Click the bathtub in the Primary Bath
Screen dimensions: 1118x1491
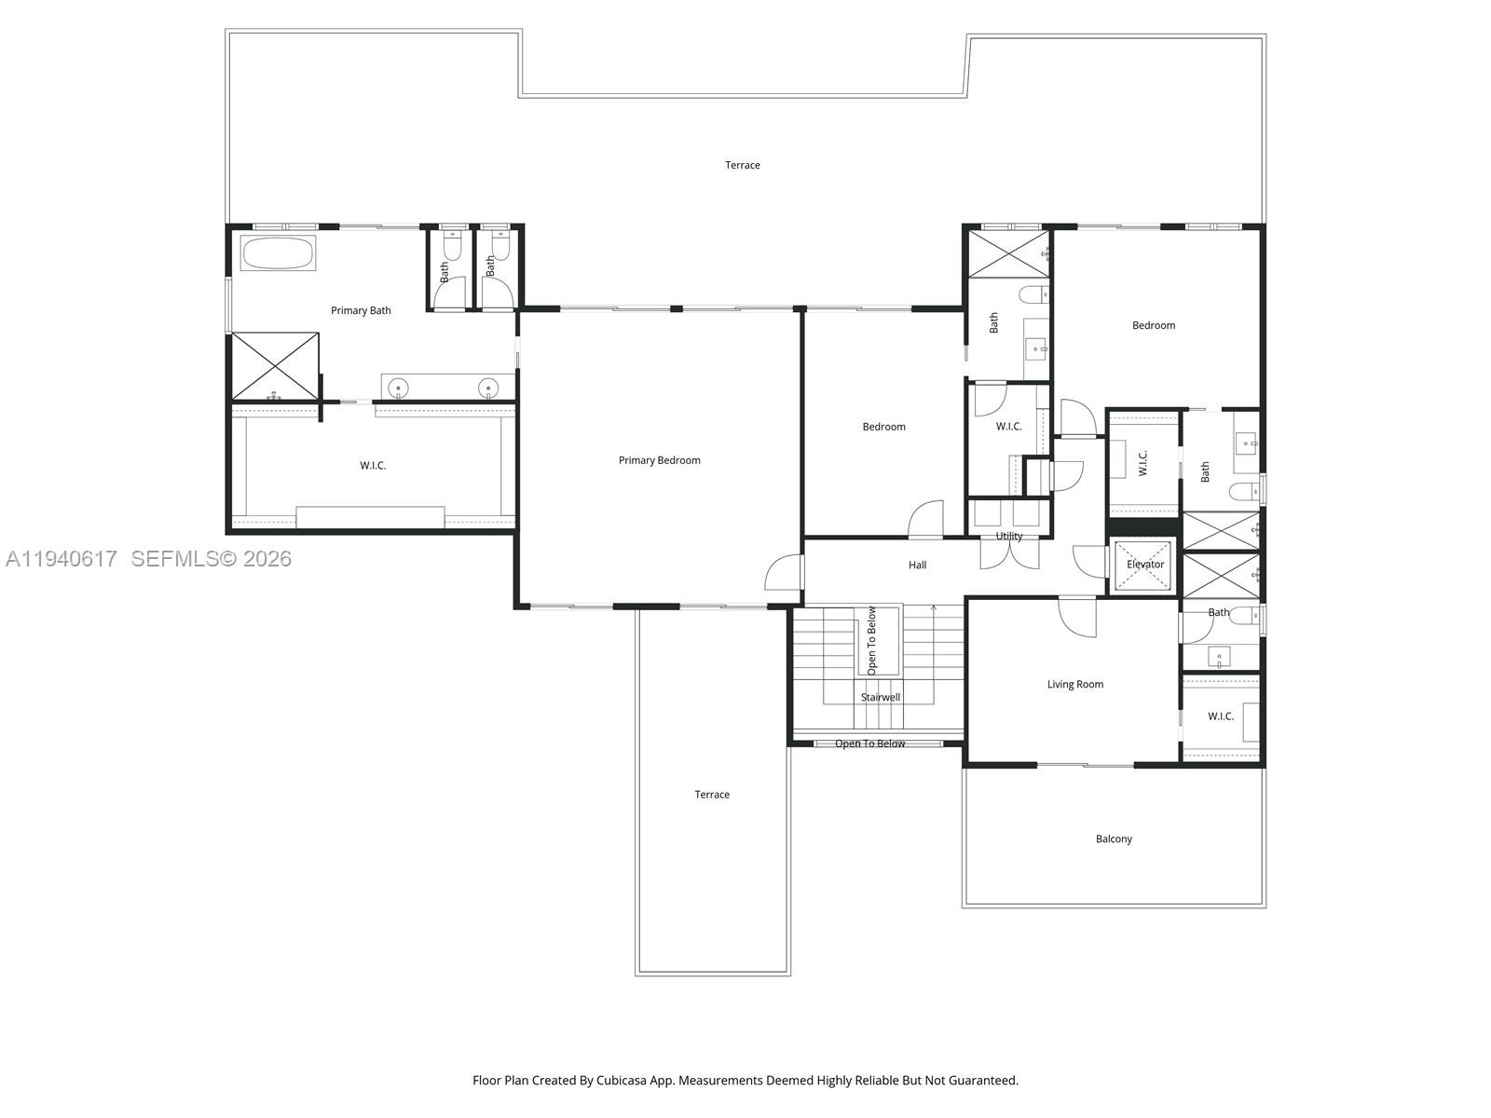click(278, 253)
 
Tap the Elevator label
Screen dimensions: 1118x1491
click(1145, 565)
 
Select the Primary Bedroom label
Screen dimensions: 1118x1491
click(659, 460)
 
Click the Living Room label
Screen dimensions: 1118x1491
click(1074, 685)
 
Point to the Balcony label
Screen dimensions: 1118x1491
click(1114, 839)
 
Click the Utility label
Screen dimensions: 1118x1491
click(1008, 537)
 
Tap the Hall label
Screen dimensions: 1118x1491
click(917, 566)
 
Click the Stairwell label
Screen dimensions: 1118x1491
click(880, 698)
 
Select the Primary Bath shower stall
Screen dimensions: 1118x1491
click(275, 365)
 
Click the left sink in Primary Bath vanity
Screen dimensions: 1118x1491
click(399, 387)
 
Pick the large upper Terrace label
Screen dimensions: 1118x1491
click(743, 166)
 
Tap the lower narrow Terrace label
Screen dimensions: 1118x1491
click(712, 795)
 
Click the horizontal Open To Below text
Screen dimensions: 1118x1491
click(869, 744)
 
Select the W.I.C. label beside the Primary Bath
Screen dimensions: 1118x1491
click(373, 466)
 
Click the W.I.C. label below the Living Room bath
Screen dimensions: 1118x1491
click(1220, 716)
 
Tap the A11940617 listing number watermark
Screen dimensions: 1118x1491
click(62, 559)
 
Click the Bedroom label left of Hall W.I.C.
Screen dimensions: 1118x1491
click(883, 428)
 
